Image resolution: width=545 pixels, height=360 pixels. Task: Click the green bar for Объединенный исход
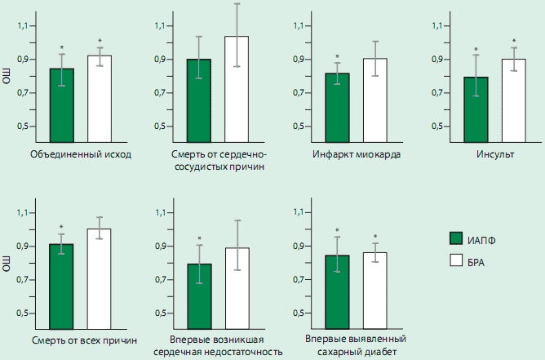(61, 106)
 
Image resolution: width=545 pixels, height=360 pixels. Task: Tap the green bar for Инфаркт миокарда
(338, 108)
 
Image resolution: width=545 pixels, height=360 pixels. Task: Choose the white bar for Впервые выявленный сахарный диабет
(375, 291)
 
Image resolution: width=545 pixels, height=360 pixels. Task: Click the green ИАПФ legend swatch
(457, 238)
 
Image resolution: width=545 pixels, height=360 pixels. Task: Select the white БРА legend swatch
(457, 260)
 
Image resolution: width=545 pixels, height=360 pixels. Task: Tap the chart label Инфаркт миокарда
(356, 154)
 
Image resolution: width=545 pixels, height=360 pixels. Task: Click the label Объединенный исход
(80, 154)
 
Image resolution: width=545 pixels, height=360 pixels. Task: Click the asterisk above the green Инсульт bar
(476, 51)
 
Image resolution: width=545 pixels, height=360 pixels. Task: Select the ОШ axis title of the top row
(8, 79)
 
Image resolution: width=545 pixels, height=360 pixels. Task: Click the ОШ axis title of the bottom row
(8, 264)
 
